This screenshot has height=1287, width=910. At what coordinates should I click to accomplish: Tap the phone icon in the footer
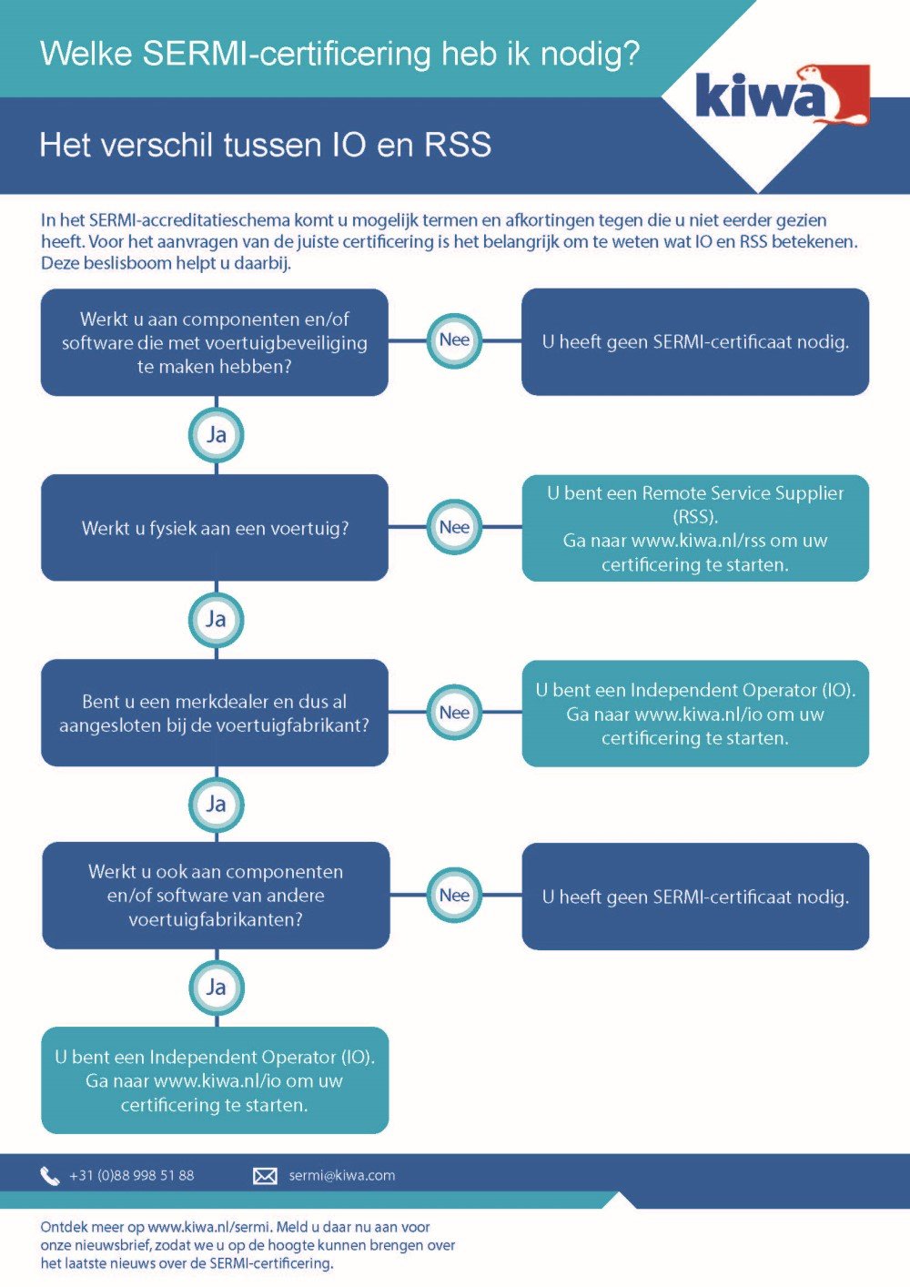pos(50,1176)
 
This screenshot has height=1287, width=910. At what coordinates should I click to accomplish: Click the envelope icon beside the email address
pos(265,1176)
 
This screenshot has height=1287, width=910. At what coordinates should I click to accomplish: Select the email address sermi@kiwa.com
pos(341,1176)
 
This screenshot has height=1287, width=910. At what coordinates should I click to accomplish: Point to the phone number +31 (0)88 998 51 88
pos(132,1176)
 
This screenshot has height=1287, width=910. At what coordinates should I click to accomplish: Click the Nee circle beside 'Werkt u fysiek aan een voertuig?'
pos(454,527)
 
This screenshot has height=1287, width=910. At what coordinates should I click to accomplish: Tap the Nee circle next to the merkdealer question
pos(454,713)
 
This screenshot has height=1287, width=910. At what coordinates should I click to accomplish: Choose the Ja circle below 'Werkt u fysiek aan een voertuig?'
pos(216,620)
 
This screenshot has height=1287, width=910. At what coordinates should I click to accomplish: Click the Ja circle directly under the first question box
pos(216,434)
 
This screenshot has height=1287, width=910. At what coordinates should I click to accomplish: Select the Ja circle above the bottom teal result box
pos(216,988)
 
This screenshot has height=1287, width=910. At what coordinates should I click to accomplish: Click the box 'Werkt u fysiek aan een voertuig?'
pos(215,528)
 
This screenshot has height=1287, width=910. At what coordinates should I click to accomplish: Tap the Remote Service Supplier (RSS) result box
pos(695,528)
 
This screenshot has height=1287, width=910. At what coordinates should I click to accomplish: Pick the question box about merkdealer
pos(215,713)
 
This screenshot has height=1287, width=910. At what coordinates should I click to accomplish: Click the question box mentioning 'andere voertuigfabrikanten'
pos(216,896)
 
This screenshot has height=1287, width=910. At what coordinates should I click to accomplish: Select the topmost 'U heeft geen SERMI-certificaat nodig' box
pos(695,342)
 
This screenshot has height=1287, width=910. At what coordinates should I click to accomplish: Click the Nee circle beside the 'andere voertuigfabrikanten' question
pos(454,896)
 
